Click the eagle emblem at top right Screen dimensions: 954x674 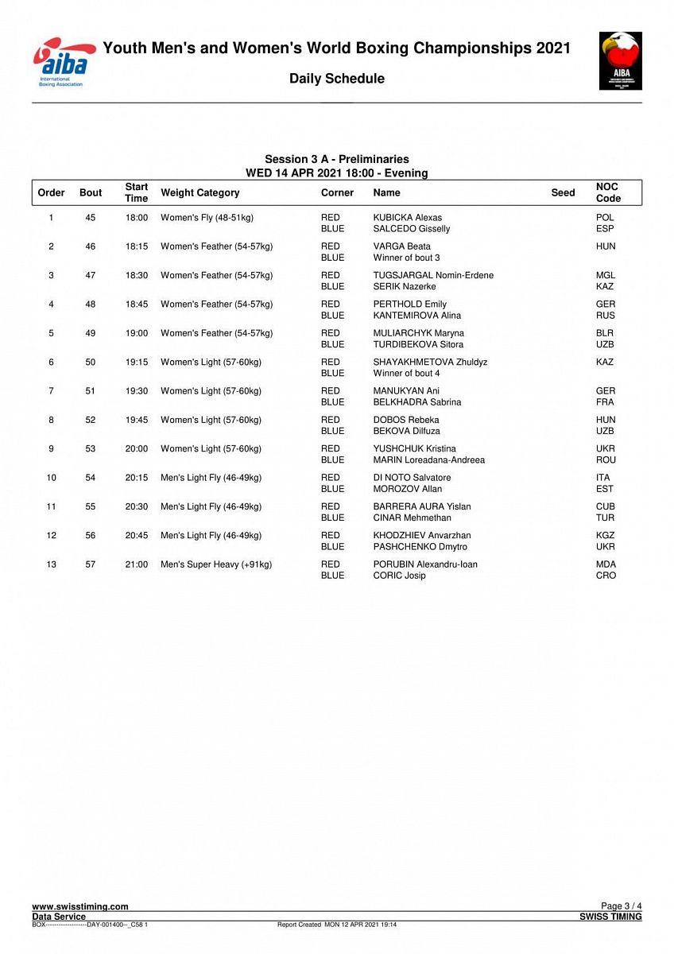point(621,60)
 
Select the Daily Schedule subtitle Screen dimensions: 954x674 point(337,79)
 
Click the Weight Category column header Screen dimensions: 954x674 point(199,192)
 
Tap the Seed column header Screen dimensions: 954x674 point(563,192)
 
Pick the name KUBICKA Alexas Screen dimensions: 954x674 point(407,218)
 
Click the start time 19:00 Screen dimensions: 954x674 point(136,333)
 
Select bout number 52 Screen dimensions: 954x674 point(91,420)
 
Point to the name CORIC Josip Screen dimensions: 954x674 point(399,576)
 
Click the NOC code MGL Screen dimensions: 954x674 point(605,276)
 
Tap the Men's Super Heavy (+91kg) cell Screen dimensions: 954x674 point(216,564)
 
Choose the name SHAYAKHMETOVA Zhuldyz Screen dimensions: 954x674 point(430,363)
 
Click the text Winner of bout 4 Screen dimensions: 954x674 point(406,374)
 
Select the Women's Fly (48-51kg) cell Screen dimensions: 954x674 point(207,218)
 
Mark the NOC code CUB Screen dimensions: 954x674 point(605,506)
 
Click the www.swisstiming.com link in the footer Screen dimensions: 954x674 point(79,906)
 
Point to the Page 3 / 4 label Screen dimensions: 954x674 point(621,906)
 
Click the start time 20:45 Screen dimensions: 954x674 point(136,536)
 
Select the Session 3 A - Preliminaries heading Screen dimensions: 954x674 point(337,160)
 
